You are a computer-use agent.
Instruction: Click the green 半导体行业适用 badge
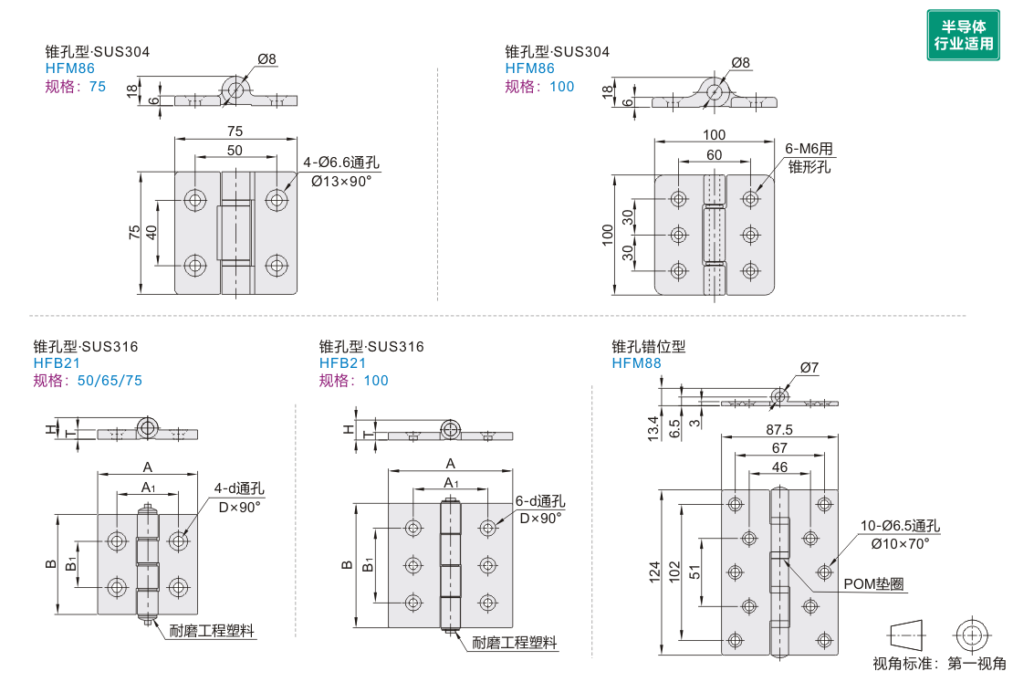tap(963, 36)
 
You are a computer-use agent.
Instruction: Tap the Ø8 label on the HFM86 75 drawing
tap(266, 59)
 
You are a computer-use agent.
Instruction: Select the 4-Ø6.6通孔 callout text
tap(342, 163)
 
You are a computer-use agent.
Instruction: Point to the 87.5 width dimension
tap(779, 429)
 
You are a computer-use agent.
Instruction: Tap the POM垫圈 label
tap(873, 584)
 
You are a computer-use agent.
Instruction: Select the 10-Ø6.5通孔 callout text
tap(900, 526)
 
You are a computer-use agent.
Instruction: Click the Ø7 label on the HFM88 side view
tap(809, 368)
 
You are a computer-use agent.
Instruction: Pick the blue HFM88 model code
tap(636, 363)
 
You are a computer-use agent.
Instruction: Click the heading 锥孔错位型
tap(648, 347)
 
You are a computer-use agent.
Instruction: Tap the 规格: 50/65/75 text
tap(88, 381)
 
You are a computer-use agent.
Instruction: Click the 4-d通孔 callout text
tap(239, 488)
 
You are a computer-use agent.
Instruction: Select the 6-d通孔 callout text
tap(540, 501)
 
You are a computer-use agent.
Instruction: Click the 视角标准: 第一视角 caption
tap(939, 664)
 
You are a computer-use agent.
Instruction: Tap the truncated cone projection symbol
tap(904, 633)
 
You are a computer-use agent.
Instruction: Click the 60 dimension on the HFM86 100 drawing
tap(714, 155)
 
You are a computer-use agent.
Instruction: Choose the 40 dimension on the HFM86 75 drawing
tap(152, 233)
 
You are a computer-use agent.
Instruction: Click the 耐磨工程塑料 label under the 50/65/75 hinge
tap(212, 631)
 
